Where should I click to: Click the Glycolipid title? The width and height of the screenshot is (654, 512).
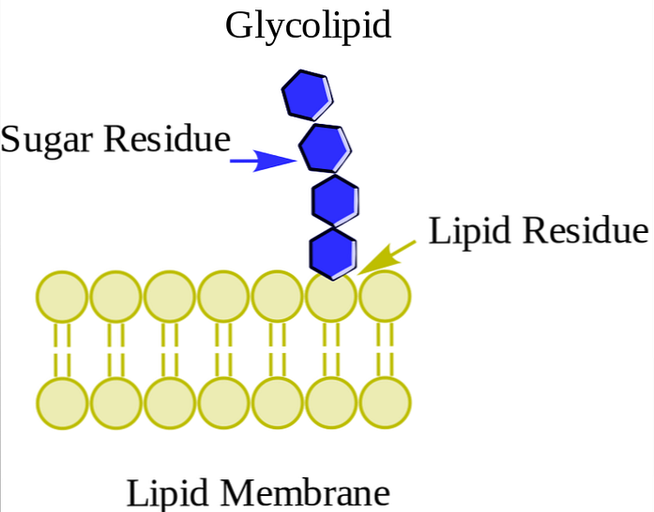308,25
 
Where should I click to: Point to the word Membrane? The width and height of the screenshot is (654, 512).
314,493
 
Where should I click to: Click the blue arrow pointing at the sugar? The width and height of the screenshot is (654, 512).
262,162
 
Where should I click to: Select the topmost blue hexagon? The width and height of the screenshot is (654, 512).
307,95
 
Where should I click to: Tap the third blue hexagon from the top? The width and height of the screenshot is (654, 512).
335,199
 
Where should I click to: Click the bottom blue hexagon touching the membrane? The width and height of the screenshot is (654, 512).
333,253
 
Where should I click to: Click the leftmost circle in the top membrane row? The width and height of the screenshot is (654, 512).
62,296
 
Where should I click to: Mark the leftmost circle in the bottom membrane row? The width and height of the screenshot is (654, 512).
62,403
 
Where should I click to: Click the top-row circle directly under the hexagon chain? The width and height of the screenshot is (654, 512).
331,298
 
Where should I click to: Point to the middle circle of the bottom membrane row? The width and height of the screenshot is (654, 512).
223,403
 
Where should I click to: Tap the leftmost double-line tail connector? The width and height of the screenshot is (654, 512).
62,349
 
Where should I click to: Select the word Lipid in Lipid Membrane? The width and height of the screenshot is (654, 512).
165,493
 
